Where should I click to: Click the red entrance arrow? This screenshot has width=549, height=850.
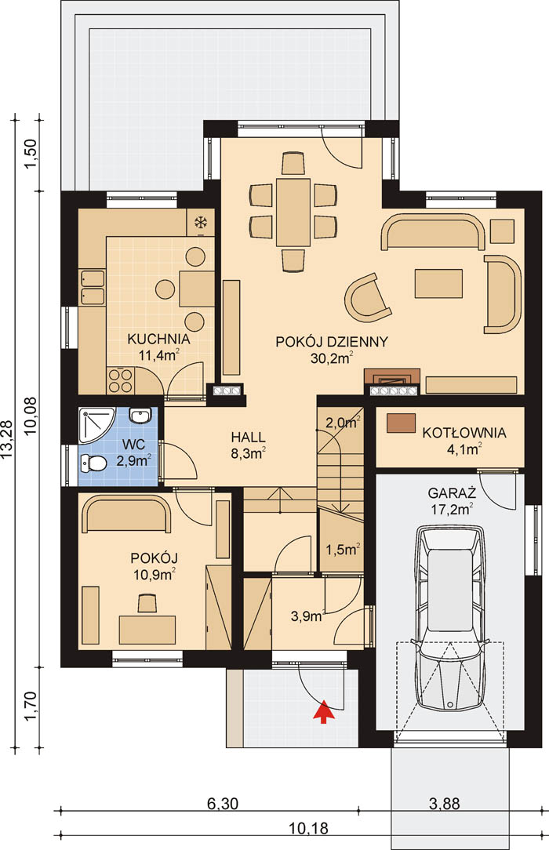coord(323,712)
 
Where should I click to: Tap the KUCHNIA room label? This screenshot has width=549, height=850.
coord(158,340)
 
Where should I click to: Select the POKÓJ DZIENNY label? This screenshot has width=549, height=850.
coord(332,342)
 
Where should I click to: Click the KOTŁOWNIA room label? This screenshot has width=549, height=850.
coord(464,433)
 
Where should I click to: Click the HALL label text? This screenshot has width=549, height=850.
coord(248,437)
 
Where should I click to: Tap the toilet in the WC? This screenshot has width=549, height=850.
coord(93,463)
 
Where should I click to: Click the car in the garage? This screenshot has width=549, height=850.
coord(449,617)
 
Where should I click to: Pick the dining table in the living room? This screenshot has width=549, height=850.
coord(293,212)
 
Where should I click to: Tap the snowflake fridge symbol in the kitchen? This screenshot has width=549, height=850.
coord(201,222)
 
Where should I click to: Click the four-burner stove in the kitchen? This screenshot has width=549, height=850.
coord(120,380)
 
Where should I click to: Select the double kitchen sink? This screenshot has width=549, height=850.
coord(92,287)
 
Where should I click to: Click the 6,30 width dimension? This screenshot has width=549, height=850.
coord(222,804)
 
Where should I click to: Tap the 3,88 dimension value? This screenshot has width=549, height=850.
coord(445,804)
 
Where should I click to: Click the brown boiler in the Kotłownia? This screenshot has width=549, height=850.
coord(401,423)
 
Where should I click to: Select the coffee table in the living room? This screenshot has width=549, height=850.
coord(439,284)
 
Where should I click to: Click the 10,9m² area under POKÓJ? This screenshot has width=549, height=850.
coord(155,574)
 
